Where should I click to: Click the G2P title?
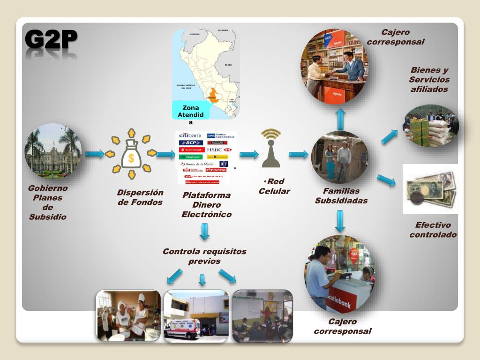click(51, 39)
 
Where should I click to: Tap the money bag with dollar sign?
click(131, 154)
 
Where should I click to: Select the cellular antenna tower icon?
click(271, 149)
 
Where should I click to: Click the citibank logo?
click(190, 135)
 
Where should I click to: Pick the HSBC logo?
click(219, 150)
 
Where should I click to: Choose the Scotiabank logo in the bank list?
click(190, 150)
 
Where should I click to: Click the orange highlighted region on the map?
click(214, 94)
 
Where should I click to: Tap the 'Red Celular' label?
click(274, 186)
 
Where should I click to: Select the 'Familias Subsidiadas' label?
click(341, 195)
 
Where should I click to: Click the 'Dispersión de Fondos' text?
click(140, 197)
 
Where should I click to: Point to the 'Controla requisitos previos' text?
click(204, 256)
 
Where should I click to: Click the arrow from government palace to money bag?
click(95, 154)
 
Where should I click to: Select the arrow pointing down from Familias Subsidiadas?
click(340, 221)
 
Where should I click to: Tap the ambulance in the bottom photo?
click(182, 328)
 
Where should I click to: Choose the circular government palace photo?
click(53, 151)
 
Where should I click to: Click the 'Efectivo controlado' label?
click(433, 230)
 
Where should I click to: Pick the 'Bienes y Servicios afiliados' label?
click(429, 79)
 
